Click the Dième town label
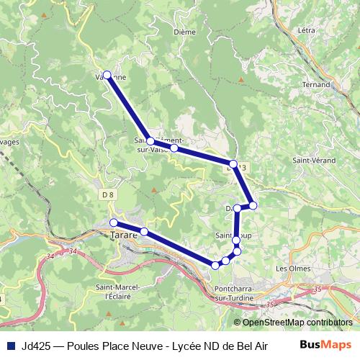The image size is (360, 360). click(x=184, y=32)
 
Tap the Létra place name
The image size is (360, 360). click(x=306, y=30)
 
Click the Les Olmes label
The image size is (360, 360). click(x=291, y=268)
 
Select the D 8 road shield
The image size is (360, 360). click(x=108, y=194)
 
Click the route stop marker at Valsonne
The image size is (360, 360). click(x=107, y=74)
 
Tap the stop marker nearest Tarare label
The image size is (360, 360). click(x=114, y=222)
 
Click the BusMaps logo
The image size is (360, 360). click(x=325, y=344)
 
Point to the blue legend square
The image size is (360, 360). click(x=11, y=345)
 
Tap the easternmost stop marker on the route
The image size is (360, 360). click(x=253, y=206)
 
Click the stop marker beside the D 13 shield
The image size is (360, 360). click(x=233, y=163)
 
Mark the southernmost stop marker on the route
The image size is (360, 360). click(x=215, y=266)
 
